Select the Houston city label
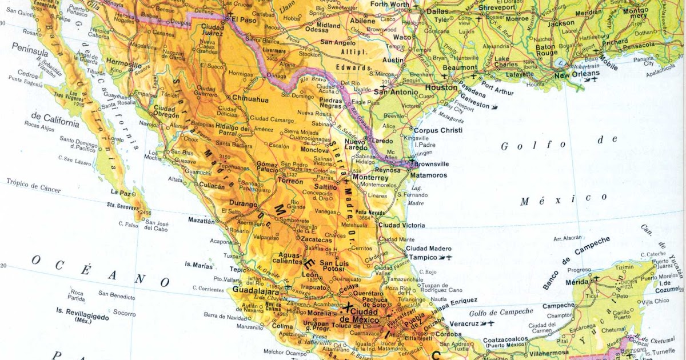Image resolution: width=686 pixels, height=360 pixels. click(x=441, y=88)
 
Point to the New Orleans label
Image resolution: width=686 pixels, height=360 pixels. click(x=577, y=74)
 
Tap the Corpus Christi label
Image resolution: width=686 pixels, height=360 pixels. click(x=438, y=130)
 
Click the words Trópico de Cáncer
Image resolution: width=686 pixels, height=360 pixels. click(x=34, y=186)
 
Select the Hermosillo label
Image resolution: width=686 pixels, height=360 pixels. click(x=123, y=66)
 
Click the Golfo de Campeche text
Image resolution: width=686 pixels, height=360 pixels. click(x=501, y=312)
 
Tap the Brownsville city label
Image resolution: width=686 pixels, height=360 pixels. click(x=431, y=164)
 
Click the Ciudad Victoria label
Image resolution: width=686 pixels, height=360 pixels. click(x=401, y=225)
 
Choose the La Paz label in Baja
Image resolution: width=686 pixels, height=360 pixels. click(x=121, y=193)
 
